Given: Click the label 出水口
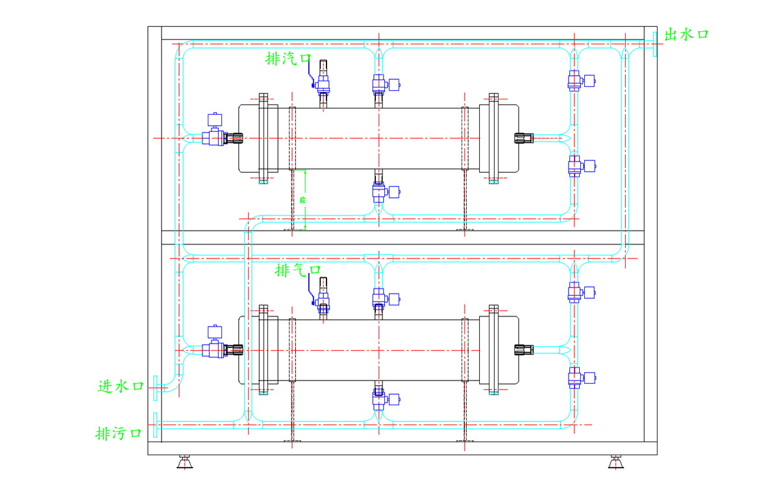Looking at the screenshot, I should click(x=686, y=35).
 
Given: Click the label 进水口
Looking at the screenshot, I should click(x=121, y=386).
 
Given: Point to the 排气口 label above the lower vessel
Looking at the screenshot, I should click(x=298, y=269).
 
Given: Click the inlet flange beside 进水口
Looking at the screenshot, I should click(x=155, y=388).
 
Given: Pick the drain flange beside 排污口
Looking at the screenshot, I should click(x=155, y=426).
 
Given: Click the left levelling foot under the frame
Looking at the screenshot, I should click(x=184, y=462).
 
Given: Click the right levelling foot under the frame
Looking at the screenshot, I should click(x=615, y=462).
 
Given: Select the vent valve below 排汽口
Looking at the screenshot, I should click(x=323, y=81).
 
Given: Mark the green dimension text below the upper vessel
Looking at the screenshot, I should click(x=303, y=199).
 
